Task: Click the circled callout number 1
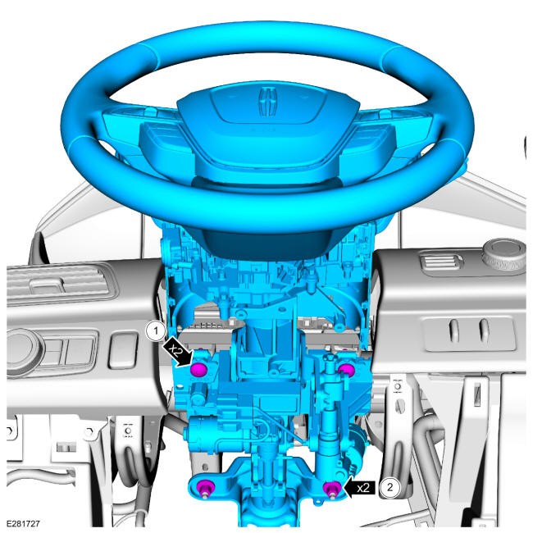click(156, 330)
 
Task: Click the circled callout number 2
click(389, 487)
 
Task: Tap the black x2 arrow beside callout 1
click(179, 351)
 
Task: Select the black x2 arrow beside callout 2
click(359, 488)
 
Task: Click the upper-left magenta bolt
click(198, 370)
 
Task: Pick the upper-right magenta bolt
click(347, 370)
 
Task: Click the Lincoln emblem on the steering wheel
click(267, 102)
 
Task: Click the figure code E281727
click(23, 523)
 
